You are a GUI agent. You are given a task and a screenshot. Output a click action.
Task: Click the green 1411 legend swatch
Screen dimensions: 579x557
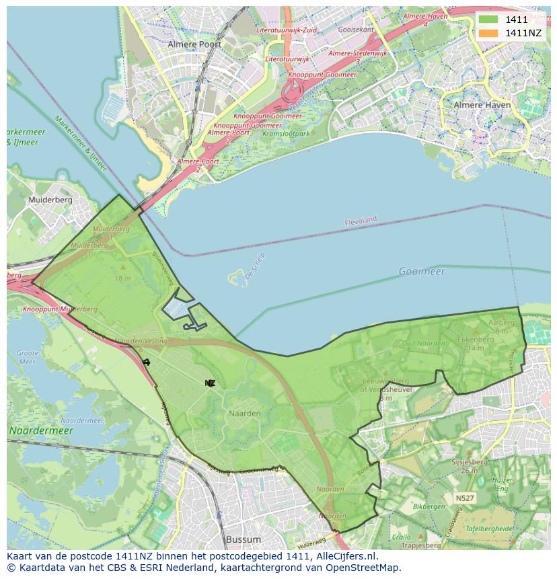pos(488,20)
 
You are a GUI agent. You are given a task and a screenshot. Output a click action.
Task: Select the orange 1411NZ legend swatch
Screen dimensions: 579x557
pos(488,33)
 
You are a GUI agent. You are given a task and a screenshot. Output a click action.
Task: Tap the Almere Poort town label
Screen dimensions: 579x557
pos(194,44)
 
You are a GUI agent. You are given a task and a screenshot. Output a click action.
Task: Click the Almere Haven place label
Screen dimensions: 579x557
pos(482,106)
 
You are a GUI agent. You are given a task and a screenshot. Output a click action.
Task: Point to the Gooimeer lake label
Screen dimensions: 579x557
pos(422,271)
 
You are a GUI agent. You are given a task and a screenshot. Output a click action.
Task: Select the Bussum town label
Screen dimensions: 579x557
pos(243,539)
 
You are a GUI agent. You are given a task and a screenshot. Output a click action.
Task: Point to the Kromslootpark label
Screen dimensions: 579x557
pos(287,134)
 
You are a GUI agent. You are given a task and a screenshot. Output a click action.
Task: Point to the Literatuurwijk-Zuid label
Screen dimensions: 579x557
pos(287,30)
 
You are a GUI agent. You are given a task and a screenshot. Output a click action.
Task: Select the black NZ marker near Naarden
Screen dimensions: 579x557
pos(210,383)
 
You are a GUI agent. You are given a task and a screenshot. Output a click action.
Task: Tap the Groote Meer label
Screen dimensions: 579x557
pos(27,357)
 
